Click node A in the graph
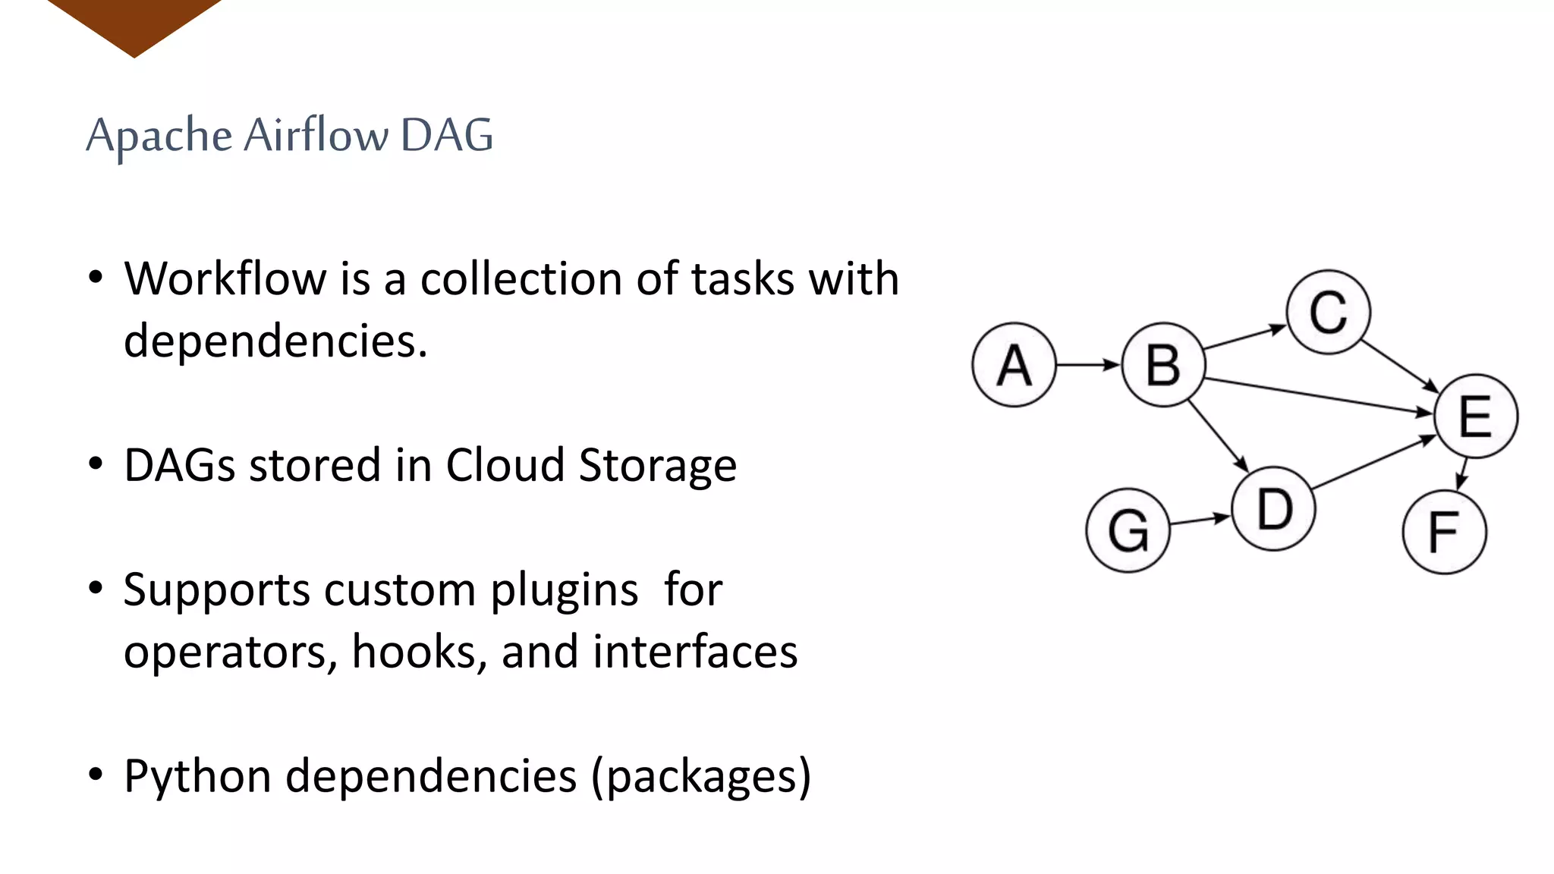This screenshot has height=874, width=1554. [x=1014, y=365]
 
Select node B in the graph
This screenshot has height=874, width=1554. [x=1163, y=365]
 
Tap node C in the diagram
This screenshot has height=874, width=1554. [x=1328, y=312]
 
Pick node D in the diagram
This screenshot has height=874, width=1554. [x=1274, y=508]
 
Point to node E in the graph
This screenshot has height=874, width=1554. [x=1475, y=416]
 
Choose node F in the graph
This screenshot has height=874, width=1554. [x=1444, y=532]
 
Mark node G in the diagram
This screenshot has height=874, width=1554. [x=1128, y=530]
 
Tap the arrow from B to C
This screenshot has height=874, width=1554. [x=1245, y=338]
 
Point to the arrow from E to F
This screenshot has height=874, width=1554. [x=1462, y=473]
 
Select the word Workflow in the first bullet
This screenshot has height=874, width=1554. [x=225, y=278]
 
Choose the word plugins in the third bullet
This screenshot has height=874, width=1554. [x=564, y=590]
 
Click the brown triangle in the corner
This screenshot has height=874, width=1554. [x=134, y=23]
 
